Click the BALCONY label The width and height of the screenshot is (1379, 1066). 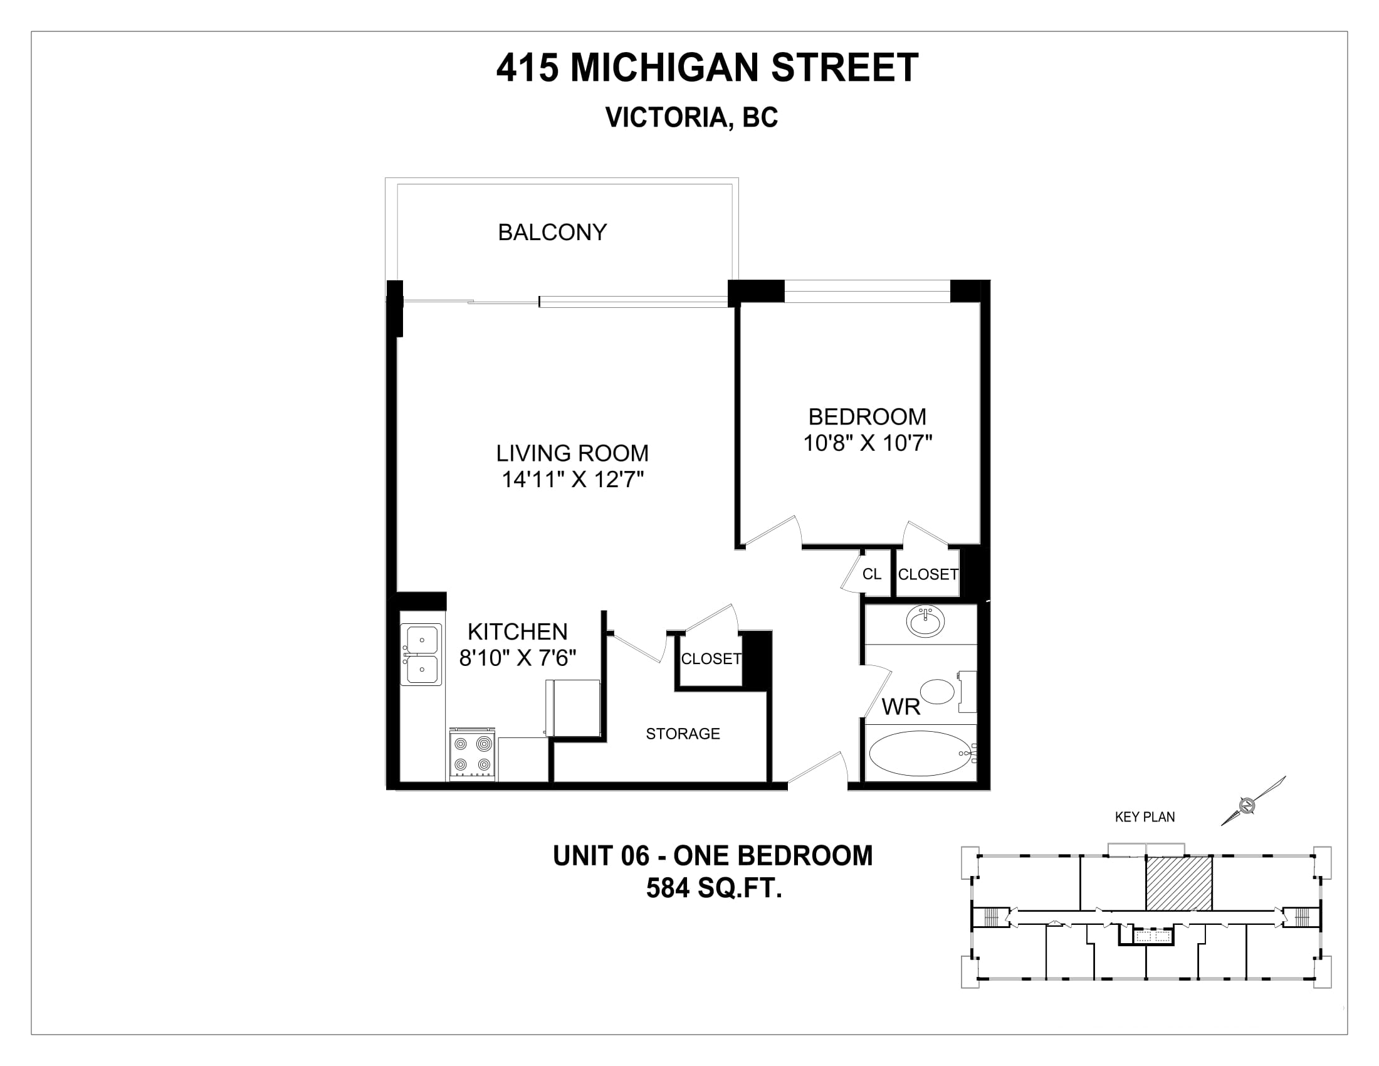tap(552, 233)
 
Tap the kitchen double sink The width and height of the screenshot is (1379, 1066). tap(422, 654)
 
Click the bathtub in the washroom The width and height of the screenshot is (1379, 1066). tap(921, 753)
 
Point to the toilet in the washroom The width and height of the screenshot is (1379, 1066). tap(946, 692)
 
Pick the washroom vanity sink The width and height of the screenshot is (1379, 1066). tap(925, 621)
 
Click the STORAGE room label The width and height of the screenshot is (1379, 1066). tap(683, 733)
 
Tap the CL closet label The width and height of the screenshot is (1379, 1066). tap(872, 573)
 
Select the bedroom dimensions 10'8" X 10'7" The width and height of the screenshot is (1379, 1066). tap(868, 443)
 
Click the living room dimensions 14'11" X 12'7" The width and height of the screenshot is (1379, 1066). tap(573, 480)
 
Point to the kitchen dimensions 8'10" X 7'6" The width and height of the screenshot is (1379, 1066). tap(518, 658)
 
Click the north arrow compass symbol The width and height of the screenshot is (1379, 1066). tap(1254, 800)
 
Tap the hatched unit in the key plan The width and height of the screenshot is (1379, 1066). tap(1179, 883)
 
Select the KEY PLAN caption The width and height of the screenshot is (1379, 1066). tap(1145, 816)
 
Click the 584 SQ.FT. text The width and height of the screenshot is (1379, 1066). tap(714, 888)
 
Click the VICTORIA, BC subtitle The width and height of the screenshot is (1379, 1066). tap(691, 117)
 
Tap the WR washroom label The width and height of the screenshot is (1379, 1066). tap(901, 707)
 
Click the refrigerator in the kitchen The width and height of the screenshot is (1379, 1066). tap(573, 707)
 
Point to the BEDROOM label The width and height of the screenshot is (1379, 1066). tap(868, 417)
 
